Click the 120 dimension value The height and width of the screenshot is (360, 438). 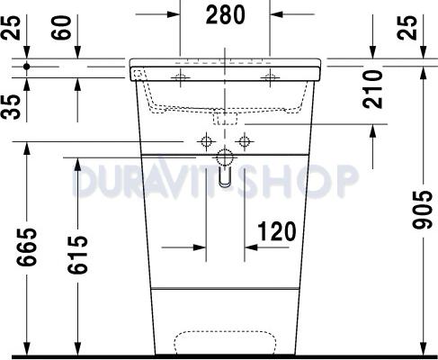pos(276,230)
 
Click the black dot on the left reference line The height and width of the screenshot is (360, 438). pos(29,67)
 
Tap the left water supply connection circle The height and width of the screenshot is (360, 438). pos(206,141)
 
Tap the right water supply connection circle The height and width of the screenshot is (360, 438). pos(242,141)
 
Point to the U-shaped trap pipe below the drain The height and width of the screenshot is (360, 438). pos(224,176)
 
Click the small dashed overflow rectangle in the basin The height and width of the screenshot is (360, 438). pos(224,117)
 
